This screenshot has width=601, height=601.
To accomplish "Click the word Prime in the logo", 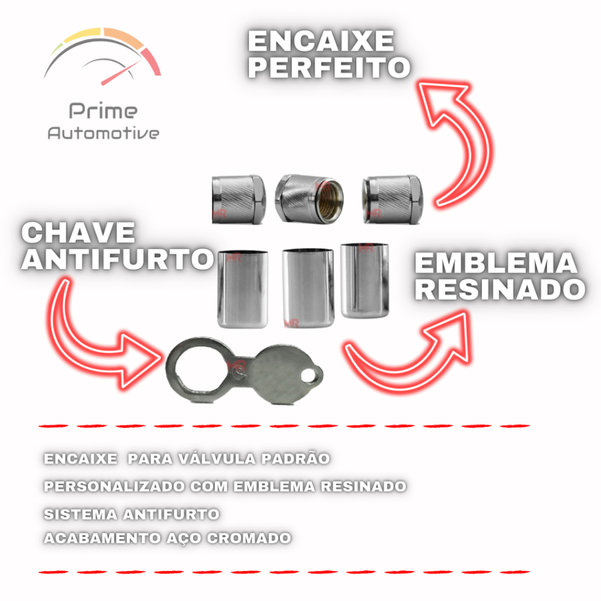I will (x=103, y=111).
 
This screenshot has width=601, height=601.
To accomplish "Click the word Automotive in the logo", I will (x=103, y=133).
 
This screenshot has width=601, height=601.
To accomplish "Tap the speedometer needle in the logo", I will (x=120, y=72).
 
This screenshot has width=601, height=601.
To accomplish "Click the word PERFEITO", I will (x=328, y=67).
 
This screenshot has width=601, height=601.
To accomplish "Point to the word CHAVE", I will (x=78, y=234).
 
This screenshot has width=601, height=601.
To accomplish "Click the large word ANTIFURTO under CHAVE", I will (x=117, y=259).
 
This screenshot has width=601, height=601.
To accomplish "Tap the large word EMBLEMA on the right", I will (x=496, y=264).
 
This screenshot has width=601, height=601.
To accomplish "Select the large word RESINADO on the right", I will (x=500, y=289).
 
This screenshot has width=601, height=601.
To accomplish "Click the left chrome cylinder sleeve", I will (x=243, y=288).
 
